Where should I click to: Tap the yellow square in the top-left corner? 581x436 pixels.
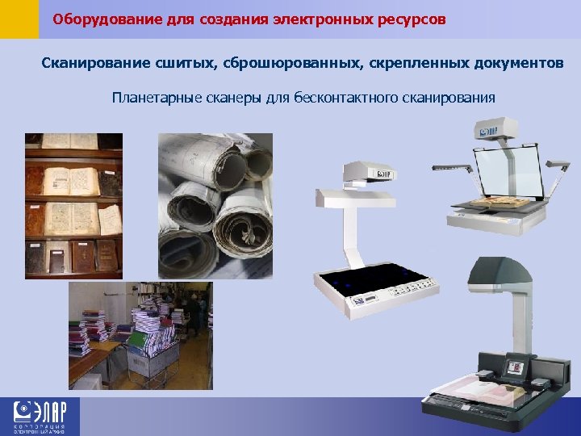click(19, 19)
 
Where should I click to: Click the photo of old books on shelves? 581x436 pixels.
click(73, 206)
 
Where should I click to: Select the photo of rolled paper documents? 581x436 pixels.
click(215, 206)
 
